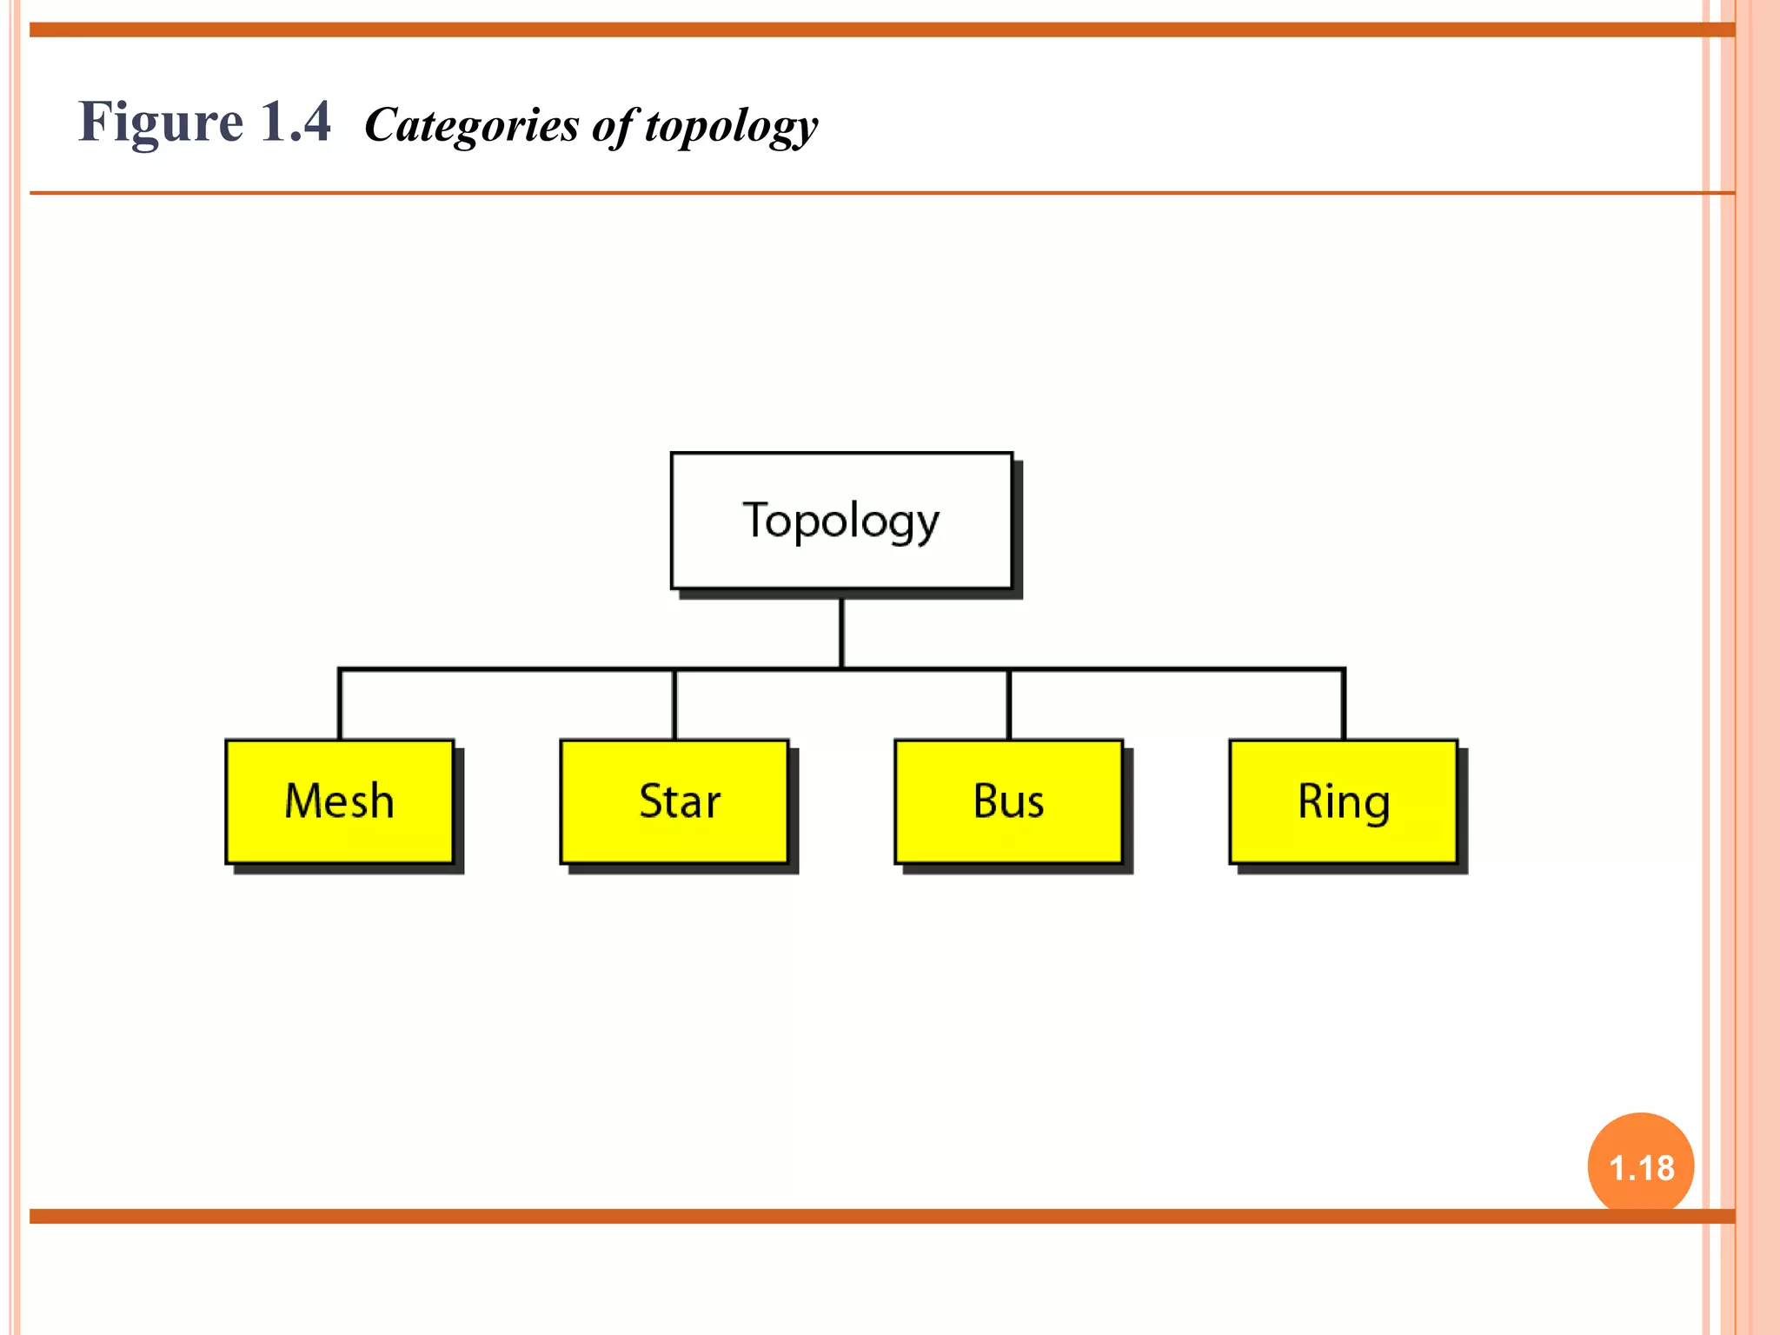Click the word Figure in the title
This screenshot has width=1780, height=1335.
pos(161,122)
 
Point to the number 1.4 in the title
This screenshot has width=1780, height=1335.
pos(296,122)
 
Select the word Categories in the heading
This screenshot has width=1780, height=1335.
pos(472,124)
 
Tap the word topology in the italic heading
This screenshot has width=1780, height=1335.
pos(731,126)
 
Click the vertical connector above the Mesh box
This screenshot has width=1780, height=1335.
pos(340,705)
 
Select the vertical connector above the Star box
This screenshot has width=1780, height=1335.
pos(674,705)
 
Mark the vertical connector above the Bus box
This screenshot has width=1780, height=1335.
pos(1009,705)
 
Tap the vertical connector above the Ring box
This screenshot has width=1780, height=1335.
pos(1344,705)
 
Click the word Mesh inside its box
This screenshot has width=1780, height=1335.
pos(339,800)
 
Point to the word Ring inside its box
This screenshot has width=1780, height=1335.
pos(1344,802)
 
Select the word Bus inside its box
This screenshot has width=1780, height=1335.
pos(1008,800)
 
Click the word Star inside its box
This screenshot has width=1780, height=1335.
pos(680,800)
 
